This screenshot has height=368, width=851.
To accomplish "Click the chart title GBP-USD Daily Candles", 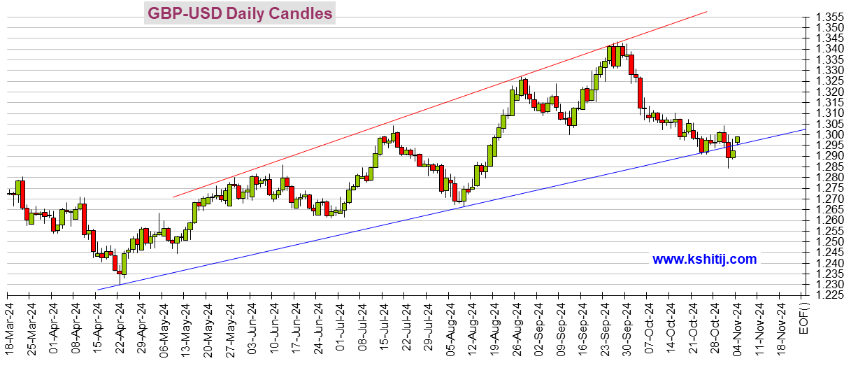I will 239,13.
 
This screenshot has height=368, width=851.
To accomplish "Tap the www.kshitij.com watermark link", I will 704,260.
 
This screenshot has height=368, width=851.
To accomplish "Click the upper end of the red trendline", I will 706,12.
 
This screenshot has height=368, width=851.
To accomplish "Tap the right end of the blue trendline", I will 803,129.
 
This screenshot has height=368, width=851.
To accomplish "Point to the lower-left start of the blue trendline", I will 97,290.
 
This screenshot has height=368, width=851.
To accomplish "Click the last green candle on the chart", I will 737,140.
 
